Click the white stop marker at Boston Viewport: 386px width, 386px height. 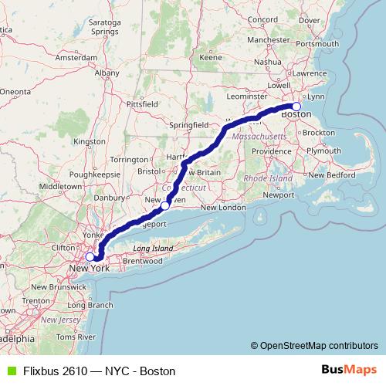point(296,107)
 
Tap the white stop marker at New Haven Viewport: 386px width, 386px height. point(165,206)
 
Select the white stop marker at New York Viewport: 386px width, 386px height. point(90,257)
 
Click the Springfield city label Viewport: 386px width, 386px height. point(189,124)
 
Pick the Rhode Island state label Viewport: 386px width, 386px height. point(268,178)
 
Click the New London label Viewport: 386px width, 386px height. point(223,208)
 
